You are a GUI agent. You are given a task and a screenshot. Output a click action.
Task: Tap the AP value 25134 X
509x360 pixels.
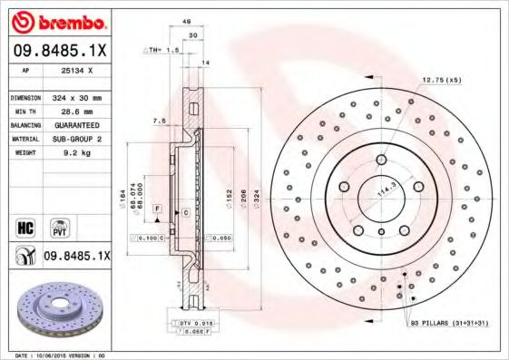[76, 70]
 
